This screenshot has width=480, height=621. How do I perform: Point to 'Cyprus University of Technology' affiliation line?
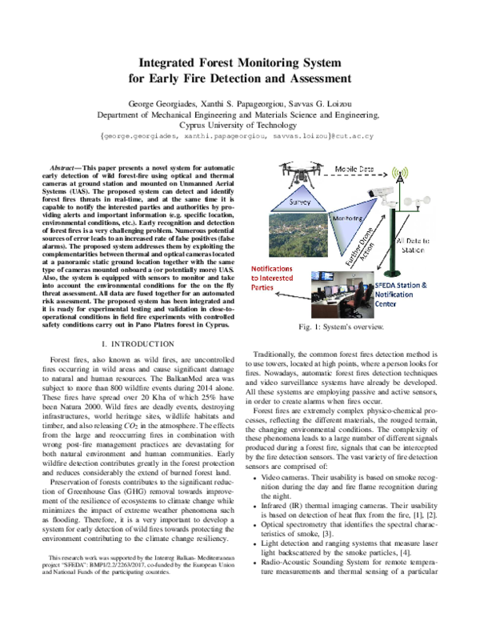click(239, 126)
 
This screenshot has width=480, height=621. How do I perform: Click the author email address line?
click(239, 138)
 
